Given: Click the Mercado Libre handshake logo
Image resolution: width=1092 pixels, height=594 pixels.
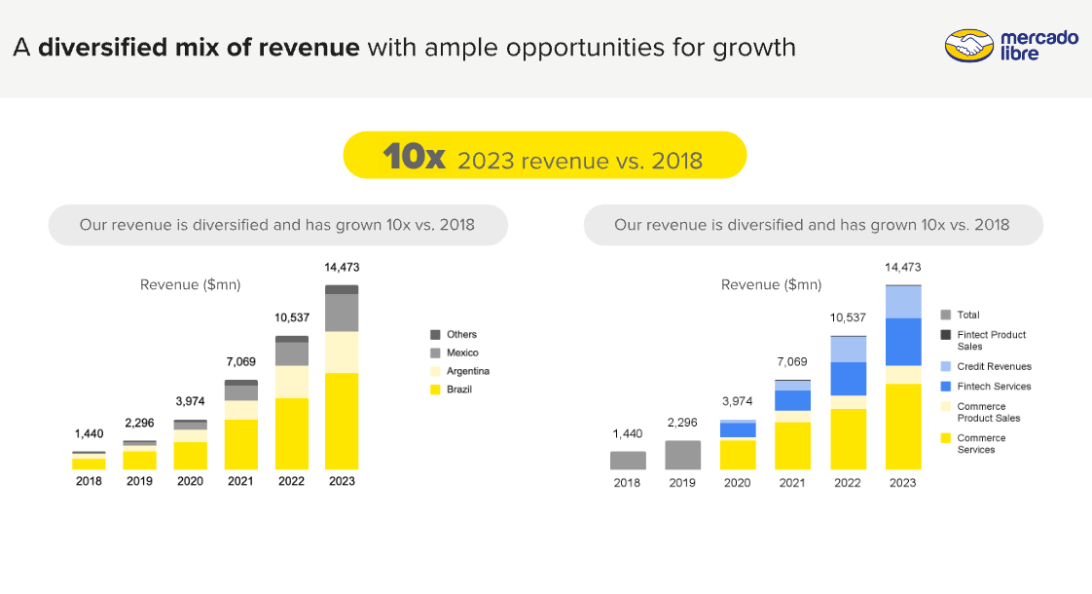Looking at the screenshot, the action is (x=968, y=46).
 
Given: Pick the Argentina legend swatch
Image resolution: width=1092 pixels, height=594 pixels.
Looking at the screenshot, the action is (x=435, y=371).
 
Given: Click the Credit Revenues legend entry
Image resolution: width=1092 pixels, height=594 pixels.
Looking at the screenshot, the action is (x=993, y=367).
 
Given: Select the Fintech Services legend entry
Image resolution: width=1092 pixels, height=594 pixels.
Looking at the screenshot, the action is (x=993, y=387).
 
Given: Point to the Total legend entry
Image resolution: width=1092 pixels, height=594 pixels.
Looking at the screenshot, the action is (x=967, y=315).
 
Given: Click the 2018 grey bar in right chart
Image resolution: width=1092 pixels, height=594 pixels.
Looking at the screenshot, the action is (x=628, y=460).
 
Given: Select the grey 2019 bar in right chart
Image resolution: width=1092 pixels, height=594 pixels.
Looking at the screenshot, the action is (x=682, y=455).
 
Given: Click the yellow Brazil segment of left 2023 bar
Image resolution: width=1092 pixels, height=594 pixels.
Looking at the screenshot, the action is (x=342, y=421).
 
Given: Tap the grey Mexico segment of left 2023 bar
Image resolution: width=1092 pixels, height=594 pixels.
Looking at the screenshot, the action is (x=342, y=313).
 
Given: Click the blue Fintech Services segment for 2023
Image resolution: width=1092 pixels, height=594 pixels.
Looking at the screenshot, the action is (x=903, y=342).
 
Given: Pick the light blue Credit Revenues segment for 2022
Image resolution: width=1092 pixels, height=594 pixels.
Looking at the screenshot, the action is (x=848, y=349).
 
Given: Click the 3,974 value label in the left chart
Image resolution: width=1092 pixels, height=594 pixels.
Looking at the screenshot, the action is (x=190, y=401).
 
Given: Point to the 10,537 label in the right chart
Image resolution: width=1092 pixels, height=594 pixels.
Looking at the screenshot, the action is (x=849, y=317).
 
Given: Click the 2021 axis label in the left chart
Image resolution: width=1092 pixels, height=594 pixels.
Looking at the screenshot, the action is (x=240, y=482).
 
